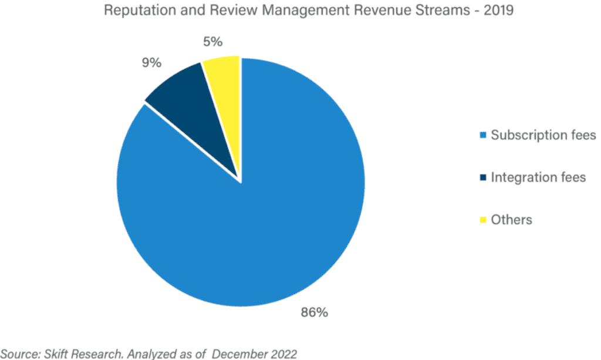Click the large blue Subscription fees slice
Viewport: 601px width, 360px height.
click(247, 235)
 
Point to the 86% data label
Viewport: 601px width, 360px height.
click(314, 312)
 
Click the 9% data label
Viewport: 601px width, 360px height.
click(151, 63)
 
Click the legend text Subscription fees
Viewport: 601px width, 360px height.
click(543, 135)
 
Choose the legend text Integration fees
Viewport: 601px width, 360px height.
click(538, 177)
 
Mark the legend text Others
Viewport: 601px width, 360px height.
click(511, 220)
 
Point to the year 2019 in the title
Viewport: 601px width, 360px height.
click(497, 11)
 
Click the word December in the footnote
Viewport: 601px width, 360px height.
click(238, 353)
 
